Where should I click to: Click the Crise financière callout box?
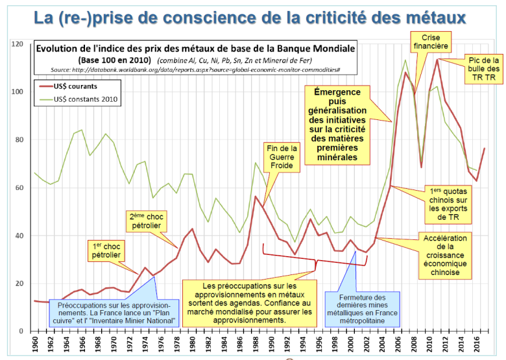[x=431, y=42]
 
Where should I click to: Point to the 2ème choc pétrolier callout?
[x=145, y=221]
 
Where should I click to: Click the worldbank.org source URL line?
[x=196, y=69]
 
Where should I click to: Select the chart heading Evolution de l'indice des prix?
[x=195, y=49]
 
